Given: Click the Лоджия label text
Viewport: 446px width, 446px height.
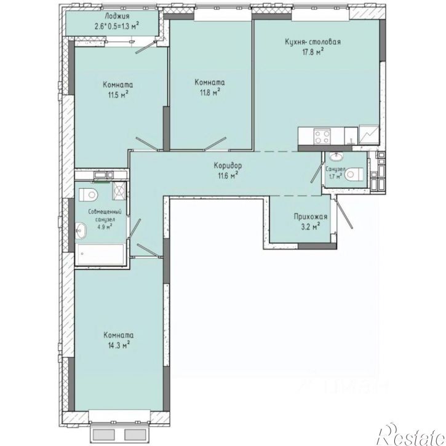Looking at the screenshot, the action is click(117, 16).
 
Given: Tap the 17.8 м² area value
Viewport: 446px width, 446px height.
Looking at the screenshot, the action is click(313, 52).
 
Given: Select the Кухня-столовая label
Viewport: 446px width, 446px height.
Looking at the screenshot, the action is click(313, 42).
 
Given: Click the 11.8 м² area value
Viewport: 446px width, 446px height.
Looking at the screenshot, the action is click(210, 92).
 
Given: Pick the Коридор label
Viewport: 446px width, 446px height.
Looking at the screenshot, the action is click(228, 165).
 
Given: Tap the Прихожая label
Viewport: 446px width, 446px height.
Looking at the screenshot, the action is click(311, 217).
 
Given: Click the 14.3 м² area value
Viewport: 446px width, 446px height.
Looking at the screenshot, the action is click(119, 345).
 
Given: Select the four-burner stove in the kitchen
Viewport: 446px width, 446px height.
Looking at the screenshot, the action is click(322, 136).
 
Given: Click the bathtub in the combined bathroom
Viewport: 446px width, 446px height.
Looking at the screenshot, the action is click(100, 254).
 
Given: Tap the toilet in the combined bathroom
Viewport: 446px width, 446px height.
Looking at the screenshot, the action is click(88, 195).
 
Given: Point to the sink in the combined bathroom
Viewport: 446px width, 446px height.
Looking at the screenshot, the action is click(81, 231).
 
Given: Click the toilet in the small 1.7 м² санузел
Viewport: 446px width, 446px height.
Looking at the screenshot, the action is click(354, 174).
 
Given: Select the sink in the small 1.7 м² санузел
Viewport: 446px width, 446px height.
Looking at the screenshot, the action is click(336, 157).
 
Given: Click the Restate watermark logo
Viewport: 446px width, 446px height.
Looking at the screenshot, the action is click(411, 435).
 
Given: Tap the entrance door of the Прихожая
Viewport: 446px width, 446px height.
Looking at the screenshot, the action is click(344, 213).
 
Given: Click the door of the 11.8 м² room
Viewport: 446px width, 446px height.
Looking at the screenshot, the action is click(215, 143).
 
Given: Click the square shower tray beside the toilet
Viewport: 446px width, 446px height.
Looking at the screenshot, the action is click(119, 191).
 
